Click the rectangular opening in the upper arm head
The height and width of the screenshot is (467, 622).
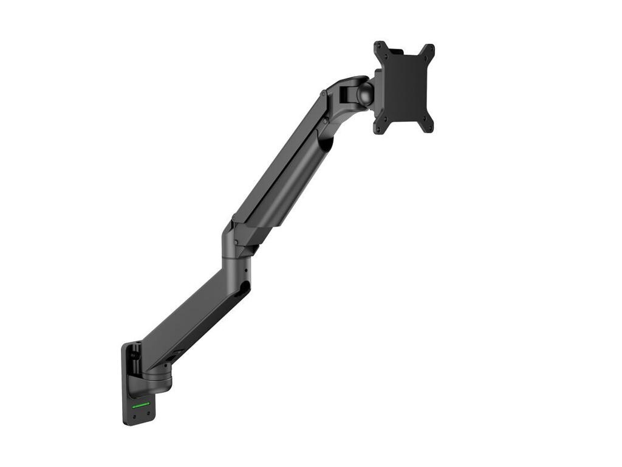click(x=344, y=94)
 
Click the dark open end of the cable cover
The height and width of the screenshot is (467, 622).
click(x=327, y=144)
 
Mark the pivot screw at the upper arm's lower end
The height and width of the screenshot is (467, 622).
click(x=236, y=243)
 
